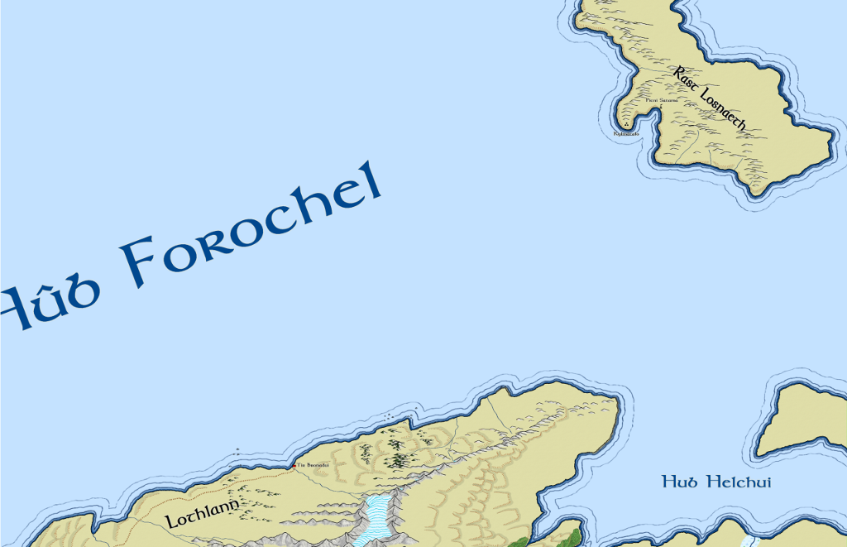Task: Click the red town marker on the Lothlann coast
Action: [x=294, y=466]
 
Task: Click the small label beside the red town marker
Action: [x=313, y=465]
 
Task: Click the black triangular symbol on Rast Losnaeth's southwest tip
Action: [x=626, y=125]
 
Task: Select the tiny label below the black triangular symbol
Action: [x=626, y=133]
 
